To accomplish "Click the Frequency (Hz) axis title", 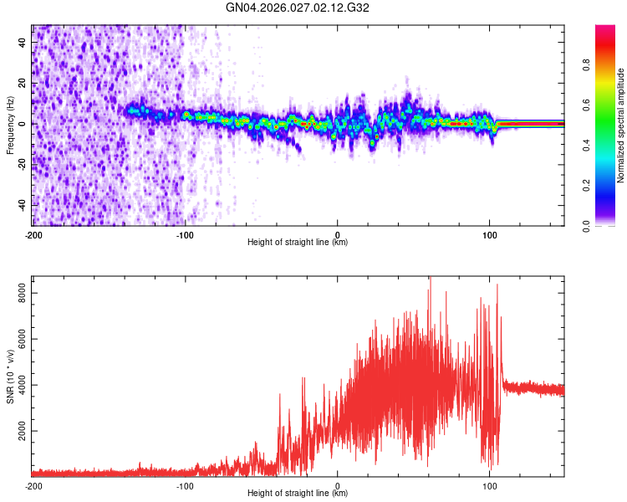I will [x=10, y=125].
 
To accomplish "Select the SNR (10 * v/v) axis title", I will [x=10, y=376].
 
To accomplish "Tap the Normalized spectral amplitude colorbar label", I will [x=621, y=125].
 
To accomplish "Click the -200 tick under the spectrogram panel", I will [x=33, y=235].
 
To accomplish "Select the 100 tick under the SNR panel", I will [x=490, y=486].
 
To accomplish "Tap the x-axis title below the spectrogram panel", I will [x=298, y=243].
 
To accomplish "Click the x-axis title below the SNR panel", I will [x=298, y=494].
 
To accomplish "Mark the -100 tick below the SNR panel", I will [x=186, y=486].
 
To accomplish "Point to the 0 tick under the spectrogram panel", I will [x=338, y=235].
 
